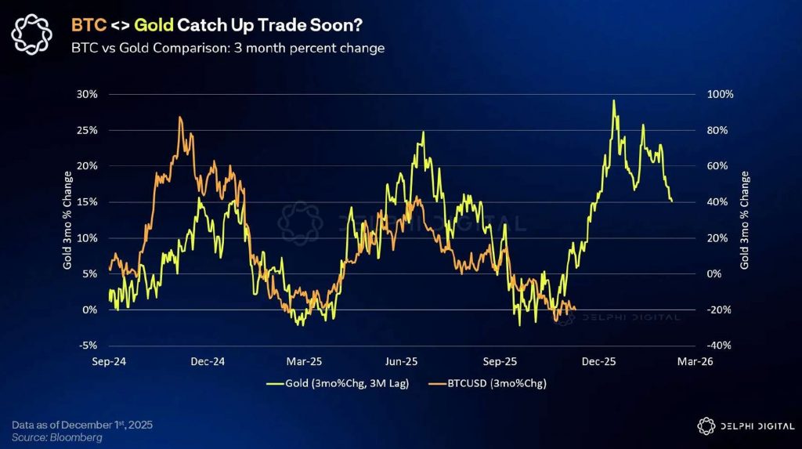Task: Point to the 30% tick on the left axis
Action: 87,94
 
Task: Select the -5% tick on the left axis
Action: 87,346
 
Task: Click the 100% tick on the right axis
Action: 720,94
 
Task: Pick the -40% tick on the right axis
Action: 720,346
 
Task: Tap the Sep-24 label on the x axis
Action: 109,361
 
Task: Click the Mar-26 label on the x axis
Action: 695,361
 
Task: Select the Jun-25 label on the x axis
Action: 402,361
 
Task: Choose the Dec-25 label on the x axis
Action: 598,361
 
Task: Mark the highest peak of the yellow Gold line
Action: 613,100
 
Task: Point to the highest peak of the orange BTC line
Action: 180,118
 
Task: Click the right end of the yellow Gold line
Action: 672,201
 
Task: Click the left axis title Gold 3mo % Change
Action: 68,219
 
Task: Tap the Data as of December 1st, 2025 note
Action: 82,424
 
